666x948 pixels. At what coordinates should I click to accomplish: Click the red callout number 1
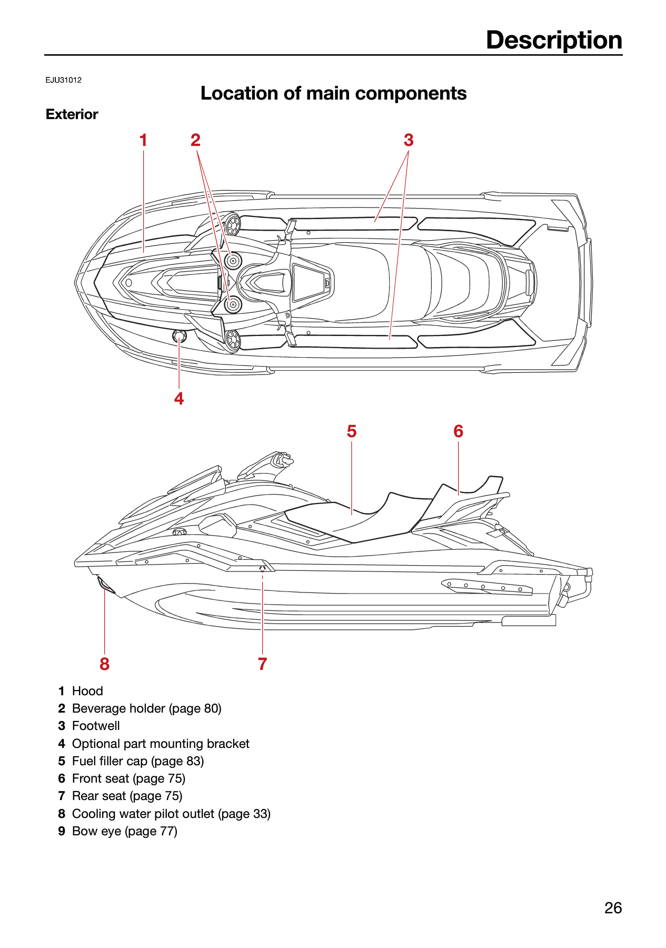tap(143, 140)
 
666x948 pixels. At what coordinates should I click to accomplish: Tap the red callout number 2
tap(195, 140)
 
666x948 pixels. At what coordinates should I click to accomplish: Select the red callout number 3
tap(409, 140)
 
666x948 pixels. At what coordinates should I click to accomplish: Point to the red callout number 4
tap(179, 399)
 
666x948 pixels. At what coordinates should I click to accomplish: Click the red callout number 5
tap(352, 431)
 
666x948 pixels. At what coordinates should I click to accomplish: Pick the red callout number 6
tap(459, 431)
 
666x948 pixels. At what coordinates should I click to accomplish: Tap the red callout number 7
tap(263, 664)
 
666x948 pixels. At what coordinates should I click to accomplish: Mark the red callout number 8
tap(105, 664)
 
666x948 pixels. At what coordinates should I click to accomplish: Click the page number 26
tap(613, 908)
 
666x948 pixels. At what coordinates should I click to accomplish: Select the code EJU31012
tap(64, 80)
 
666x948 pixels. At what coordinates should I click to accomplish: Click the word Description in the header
tap(554, 40)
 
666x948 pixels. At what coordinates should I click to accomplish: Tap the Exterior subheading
tap(72, 114)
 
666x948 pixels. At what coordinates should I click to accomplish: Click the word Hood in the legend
tap(87, 691)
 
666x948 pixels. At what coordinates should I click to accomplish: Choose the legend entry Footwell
tap(96, 726)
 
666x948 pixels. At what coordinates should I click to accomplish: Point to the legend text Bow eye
tap(96, 831)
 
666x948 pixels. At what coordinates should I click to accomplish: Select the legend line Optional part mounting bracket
tap(161, 744)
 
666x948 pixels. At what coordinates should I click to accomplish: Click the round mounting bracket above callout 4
tap(179, 336)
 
